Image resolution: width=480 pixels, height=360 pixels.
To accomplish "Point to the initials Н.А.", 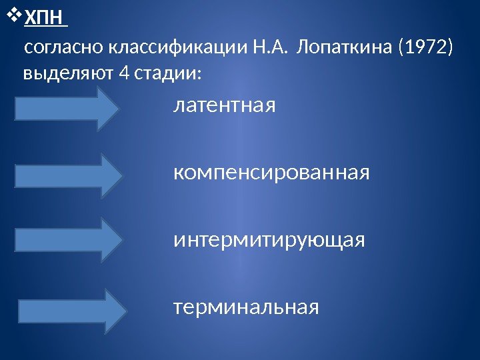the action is (x=272, y=49).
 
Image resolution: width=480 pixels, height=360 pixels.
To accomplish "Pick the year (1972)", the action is (x=425, y=49).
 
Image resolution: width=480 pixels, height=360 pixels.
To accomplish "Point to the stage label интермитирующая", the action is (x=269, y=239).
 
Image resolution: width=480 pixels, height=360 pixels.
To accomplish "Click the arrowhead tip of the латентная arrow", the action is (x=123, y=109).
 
